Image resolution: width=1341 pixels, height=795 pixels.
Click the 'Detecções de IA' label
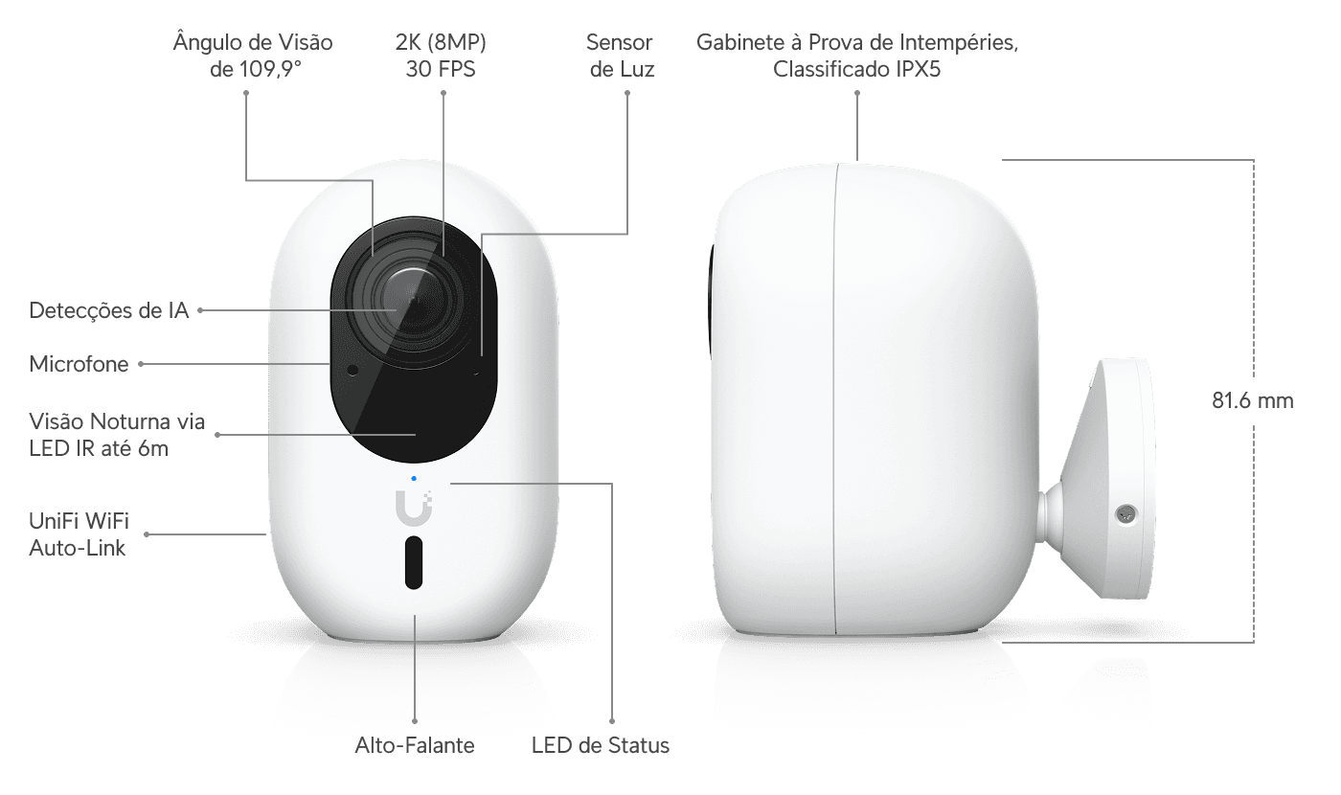pos(109,310)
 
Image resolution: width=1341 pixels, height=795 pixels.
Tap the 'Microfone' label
pos(79,364)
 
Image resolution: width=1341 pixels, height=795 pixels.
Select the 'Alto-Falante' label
pos(414,745)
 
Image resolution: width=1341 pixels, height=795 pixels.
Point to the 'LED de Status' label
pos(601,745)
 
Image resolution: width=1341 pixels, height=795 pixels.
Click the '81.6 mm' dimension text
pos(1253,400)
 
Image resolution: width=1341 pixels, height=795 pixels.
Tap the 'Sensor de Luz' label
pos(622,56)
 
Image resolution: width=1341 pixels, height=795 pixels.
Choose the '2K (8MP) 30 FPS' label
pos(441,56)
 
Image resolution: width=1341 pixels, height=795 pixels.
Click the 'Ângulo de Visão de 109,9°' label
pos(253,56)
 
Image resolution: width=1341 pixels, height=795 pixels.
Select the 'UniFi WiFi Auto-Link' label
pos(79,534)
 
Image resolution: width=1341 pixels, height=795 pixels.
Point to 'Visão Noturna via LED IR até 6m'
pos(117,435)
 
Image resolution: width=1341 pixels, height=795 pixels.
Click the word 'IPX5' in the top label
pos(918,69)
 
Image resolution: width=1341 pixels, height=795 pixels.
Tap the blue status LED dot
pos(414,479)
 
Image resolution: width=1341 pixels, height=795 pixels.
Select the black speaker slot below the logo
pos(414,562)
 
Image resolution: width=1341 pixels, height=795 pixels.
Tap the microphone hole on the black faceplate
pos(352,370)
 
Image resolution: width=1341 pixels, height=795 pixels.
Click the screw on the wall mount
pos(1126,513)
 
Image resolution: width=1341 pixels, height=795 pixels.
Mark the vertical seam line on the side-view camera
pos(835,398)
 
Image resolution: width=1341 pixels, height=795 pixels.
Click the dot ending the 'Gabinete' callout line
pos(857,93)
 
